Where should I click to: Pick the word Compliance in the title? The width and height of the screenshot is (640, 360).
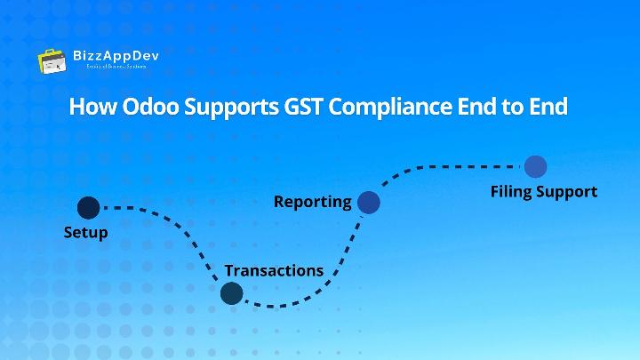[394, 108]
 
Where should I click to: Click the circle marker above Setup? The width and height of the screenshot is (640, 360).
[88, 208]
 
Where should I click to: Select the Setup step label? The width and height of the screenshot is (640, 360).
[85, 233]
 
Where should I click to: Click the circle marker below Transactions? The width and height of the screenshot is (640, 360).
[231, 292]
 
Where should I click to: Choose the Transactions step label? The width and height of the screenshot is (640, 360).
[274, 269]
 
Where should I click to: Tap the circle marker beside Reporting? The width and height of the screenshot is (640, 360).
[368, 203]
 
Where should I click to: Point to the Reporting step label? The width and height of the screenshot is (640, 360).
[312, 201]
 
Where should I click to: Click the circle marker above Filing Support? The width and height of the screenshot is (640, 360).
[534, 166]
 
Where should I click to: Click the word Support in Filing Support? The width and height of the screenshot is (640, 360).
[568, 191]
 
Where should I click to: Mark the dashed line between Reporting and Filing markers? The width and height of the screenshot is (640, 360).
[453, 165]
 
